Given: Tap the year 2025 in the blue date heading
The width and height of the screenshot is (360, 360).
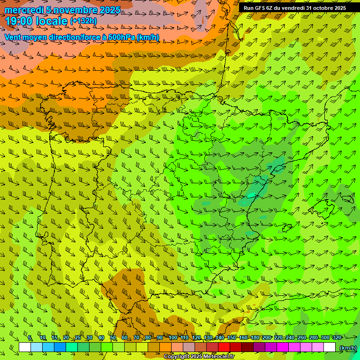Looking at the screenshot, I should pyautogui.click(x=107, y=10).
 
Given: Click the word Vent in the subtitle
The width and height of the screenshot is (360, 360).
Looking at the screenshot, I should pyautogui.click(x=13, y=37).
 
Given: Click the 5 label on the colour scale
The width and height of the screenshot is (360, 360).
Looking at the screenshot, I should pyautogui.click(x=30, y=337).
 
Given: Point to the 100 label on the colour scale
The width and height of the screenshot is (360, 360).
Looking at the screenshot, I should pyautogui.click(x=172, y=337).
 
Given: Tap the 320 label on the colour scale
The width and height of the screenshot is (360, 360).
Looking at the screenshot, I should pyautogui.click(x=337, y=337).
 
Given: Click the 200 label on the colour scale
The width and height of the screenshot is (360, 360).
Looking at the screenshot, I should pyautogui.click(x=267, y=337).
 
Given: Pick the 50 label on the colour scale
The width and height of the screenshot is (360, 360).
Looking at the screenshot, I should pyautogui.click(x=113, y=337).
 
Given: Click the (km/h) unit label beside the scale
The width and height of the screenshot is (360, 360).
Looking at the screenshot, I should pyautogui.click(x=348, y=348).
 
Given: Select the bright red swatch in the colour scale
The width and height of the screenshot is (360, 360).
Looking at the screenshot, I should pyautogui.click(x=224, y=347).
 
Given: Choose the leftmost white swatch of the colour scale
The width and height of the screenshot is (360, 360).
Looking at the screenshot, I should pyautogui.click(x=25, y=347).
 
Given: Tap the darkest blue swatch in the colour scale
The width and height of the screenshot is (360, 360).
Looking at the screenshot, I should pyautogui.click(x=60, y=347).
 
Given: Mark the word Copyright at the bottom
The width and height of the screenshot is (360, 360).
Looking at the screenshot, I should pyautogui.click(x=176, y=357).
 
